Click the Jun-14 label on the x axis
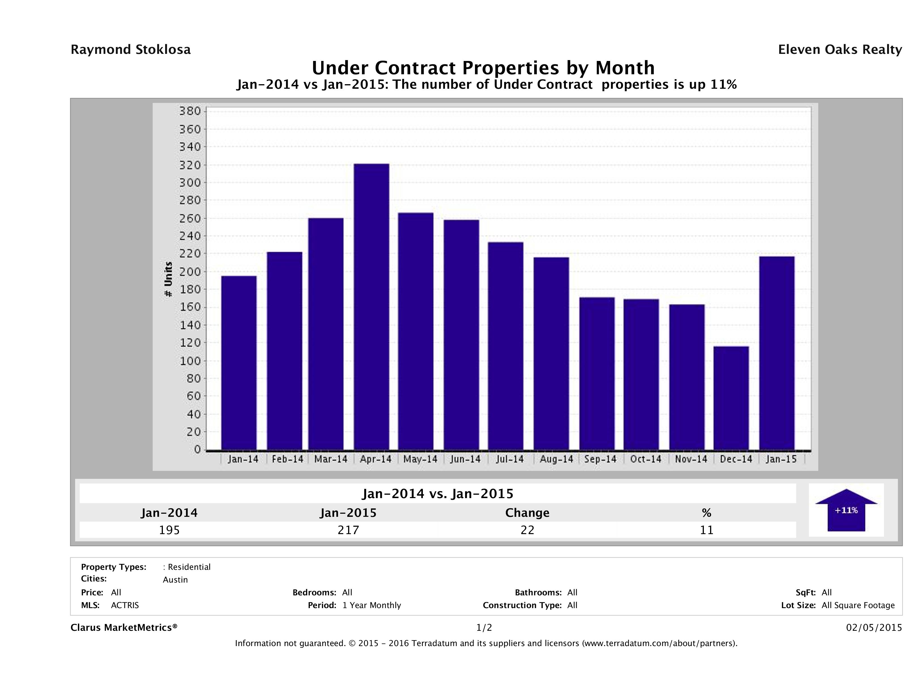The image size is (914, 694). point(465,459)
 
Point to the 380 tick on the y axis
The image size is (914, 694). point(190,111)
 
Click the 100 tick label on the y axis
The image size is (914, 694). point(190,361)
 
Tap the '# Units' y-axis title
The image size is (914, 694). point(168,279)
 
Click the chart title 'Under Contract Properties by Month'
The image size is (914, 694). point(483,68)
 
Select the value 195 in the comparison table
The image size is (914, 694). point(169,530)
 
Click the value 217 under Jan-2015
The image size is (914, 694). point(348,530)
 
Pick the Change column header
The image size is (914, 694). point(527,513)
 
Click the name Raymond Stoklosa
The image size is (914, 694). point(131,50)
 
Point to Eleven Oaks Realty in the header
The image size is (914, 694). point(840,50)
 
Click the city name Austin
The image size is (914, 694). point(175,580)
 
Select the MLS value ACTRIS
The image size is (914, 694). point(125,605)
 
